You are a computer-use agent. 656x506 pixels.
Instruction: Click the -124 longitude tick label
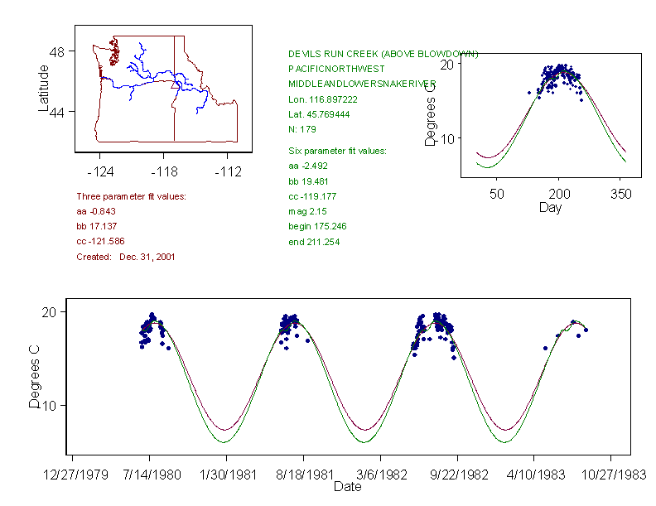[100, 172]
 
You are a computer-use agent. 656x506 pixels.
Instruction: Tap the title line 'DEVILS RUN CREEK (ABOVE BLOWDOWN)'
[383, 54]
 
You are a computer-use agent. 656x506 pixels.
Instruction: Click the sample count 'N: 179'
[302, 129]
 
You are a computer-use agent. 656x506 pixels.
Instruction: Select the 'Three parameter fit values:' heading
[131, 196]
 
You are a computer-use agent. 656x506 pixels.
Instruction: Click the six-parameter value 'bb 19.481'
[311, 181]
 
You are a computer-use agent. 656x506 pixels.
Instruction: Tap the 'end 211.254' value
[314, 242]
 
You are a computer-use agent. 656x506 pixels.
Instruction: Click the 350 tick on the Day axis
[620, 194]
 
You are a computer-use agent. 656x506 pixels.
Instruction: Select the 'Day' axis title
[550, 207]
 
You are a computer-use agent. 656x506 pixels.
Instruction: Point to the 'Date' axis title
[347, 487]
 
